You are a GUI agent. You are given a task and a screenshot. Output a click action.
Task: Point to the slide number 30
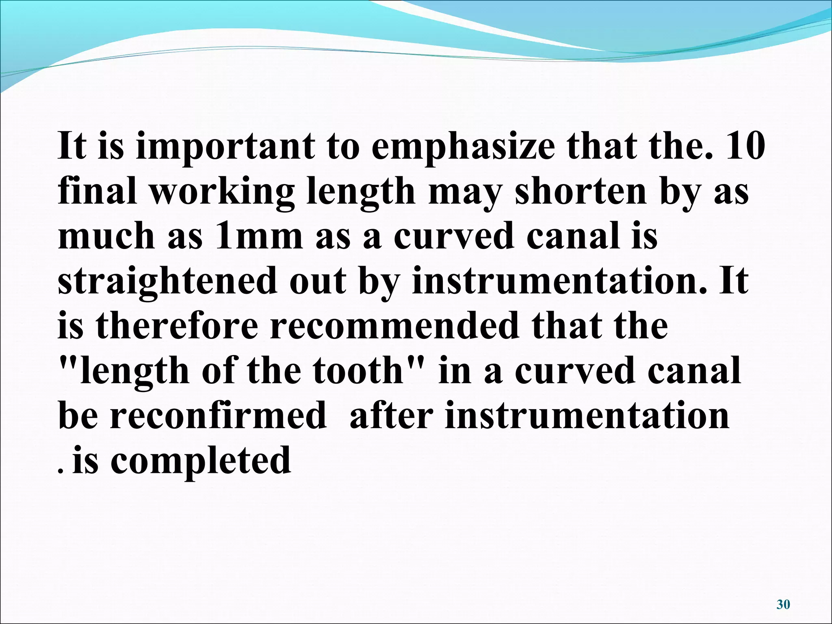(783, 604)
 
